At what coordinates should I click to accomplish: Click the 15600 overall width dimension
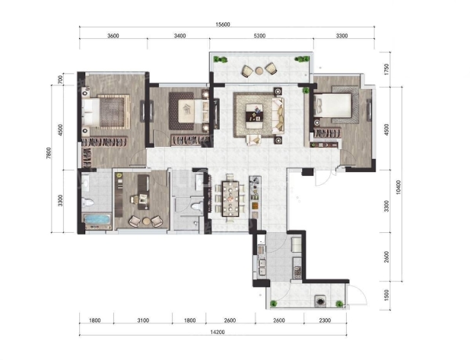click(x=222, y=24)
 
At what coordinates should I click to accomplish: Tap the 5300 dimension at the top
click(x=259, y=36)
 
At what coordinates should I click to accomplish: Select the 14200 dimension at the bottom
click(x=218, y=332)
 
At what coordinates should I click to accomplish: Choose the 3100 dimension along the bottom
click(x=143, y=320)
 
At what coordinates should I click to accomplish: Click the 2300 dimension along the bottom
click(x=325, y=320)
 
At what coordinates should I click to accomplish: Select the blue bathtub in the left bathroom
click(x=97, y=220)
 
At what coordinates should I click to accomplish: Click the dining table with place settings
click(x=230, y=199)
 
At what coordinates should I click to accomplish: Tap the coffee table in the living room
click(x=254, y=112)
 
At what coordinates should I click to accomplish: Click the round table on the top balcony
click(x=259, y=71)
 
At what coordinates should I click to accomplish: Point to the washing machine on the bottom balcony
click(x=321, y=301)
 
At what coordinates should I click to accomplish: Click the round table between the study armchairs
click(x=146, y=221)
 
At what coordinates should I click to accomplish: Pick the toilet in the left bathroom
click(x=87, y=202)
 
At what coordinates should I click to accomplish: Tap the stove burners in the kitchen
click(x=297, y=271)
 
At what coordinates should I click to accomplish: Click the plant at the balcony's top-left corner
click(x=221, y=59)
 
